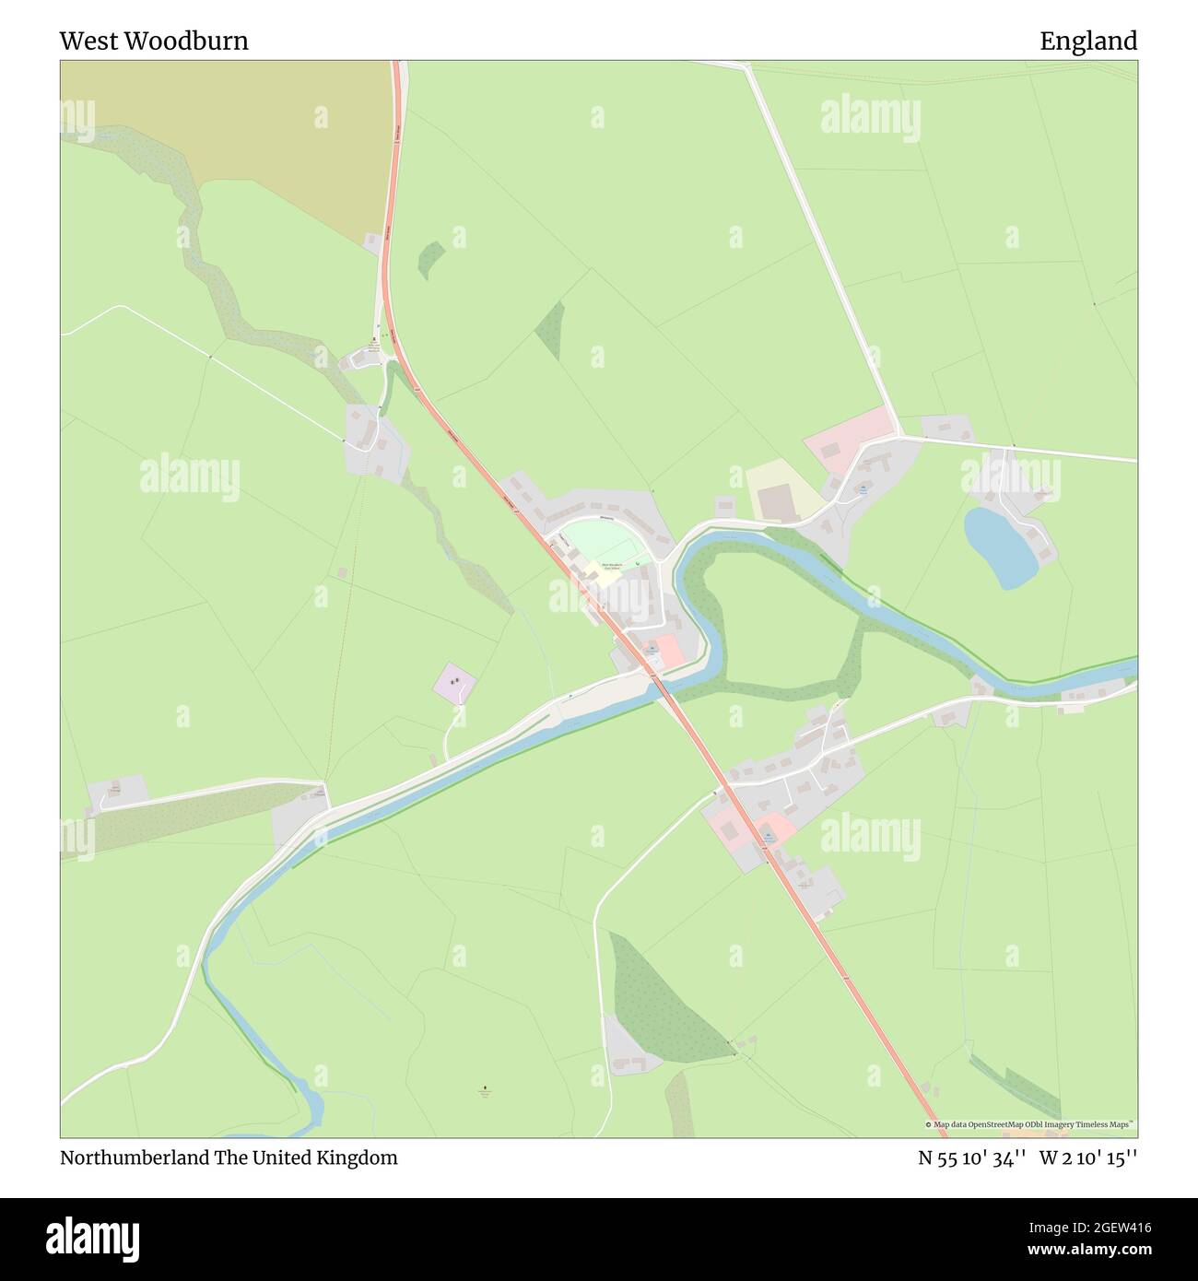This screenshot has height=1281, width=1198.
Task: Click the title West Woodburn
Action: pos(154,41)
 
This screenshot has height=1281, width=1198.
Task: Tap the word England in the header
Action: pos(1088,41)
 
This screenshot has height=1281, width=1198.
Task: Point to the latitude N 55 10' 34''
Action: pos(972,1158)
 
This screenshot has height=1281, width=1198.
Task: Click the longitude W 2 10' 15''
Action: pos(1088,1158)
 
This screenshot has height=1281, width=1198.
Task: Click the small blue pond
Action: pos(999,546)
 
